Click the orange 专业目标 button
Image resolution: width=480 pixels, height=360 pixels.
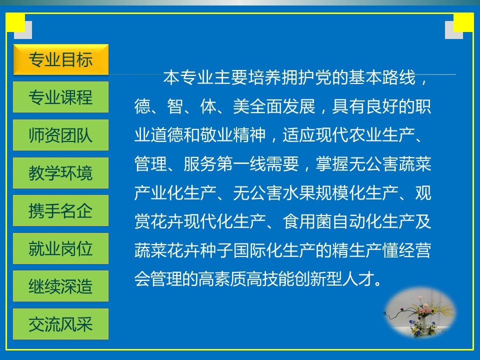60,59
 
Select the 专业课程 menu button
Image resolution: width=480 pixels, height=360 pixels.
60,97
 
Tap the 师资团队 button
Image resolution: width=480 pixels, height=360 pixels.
60,135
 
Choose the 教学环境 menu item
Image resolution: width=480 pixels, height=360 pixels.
60,173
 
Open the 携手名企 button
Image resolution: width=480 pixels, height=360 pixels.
60,210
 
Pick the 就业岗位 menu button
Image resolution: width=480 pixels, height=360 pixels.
60,248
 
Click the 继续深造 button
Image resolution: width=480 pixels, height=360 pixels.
60,286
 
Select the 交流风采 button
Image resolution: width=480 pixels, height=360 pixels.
60,324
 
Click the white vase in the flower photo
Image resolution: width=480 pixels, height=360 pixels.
424,325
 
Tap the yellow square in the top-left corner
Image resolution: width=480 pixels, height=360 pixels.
15,22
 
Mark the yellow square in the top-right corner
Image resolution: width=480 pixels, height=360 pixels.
463,22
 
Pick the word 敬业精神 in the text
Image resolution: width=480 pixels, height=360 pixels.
232,135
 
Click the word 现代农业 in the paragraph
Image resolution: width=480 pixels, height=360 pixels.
349,135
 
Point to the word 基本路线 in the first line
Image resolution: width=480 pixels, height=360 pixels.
381,77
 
